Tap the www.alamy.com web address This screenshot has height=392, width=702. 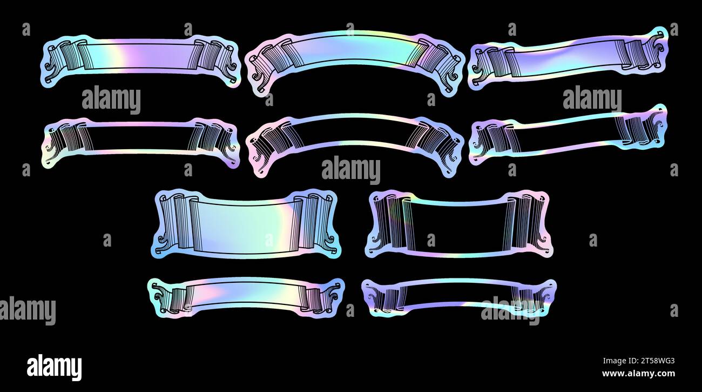pyautogui.click(x=638, y=374)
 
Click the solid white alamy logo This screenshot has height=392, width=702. pyautogui.click(x=54, y=367)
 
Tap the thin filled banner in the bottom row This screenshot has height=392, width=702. pyautogui.click(x=246, y=297)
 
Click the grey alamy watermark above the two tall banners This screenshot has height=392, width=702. pyautogui.click(x=351, y=170)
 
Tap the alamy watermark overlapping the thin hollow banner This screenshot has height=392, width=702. pyautogui.click(x=510, y=311)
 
